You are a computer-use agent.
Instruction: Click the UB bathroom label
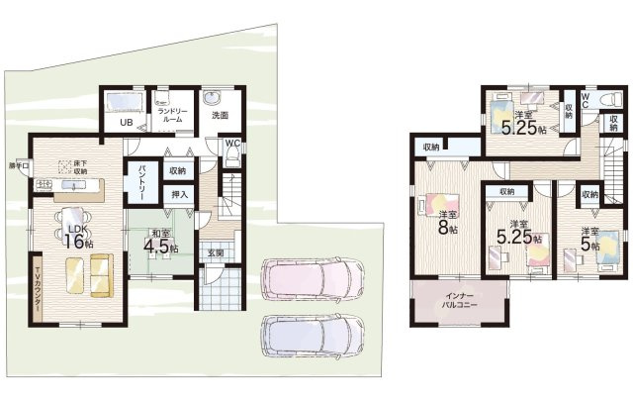click(x=127, y=122)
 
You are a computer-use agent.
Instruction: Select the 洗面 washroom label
click(x=219, y=116)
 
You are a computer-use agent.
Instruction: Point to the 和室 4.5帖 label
click(x=156, y=241)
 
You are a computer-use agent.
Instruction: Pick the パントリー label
click(x=143, y=182)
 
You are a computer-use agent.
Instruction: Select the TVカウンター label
click(x=38, y=290)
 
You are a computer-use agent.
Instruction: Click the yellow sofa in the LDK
click(x=88, y=275)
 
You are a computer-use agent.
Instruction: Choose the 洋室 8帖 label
click(x=447, y=222)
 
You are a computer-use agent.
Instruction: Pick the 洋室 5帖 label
click(x=591, y=239)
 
